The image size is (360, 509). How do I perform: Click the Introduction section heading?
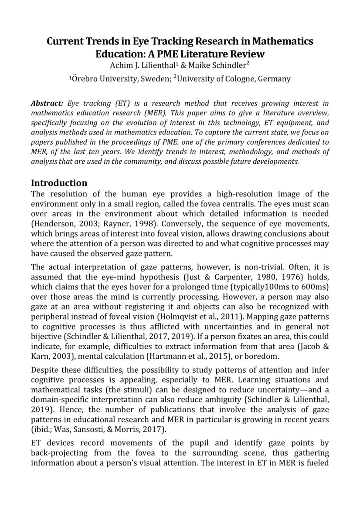point(59,183)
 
